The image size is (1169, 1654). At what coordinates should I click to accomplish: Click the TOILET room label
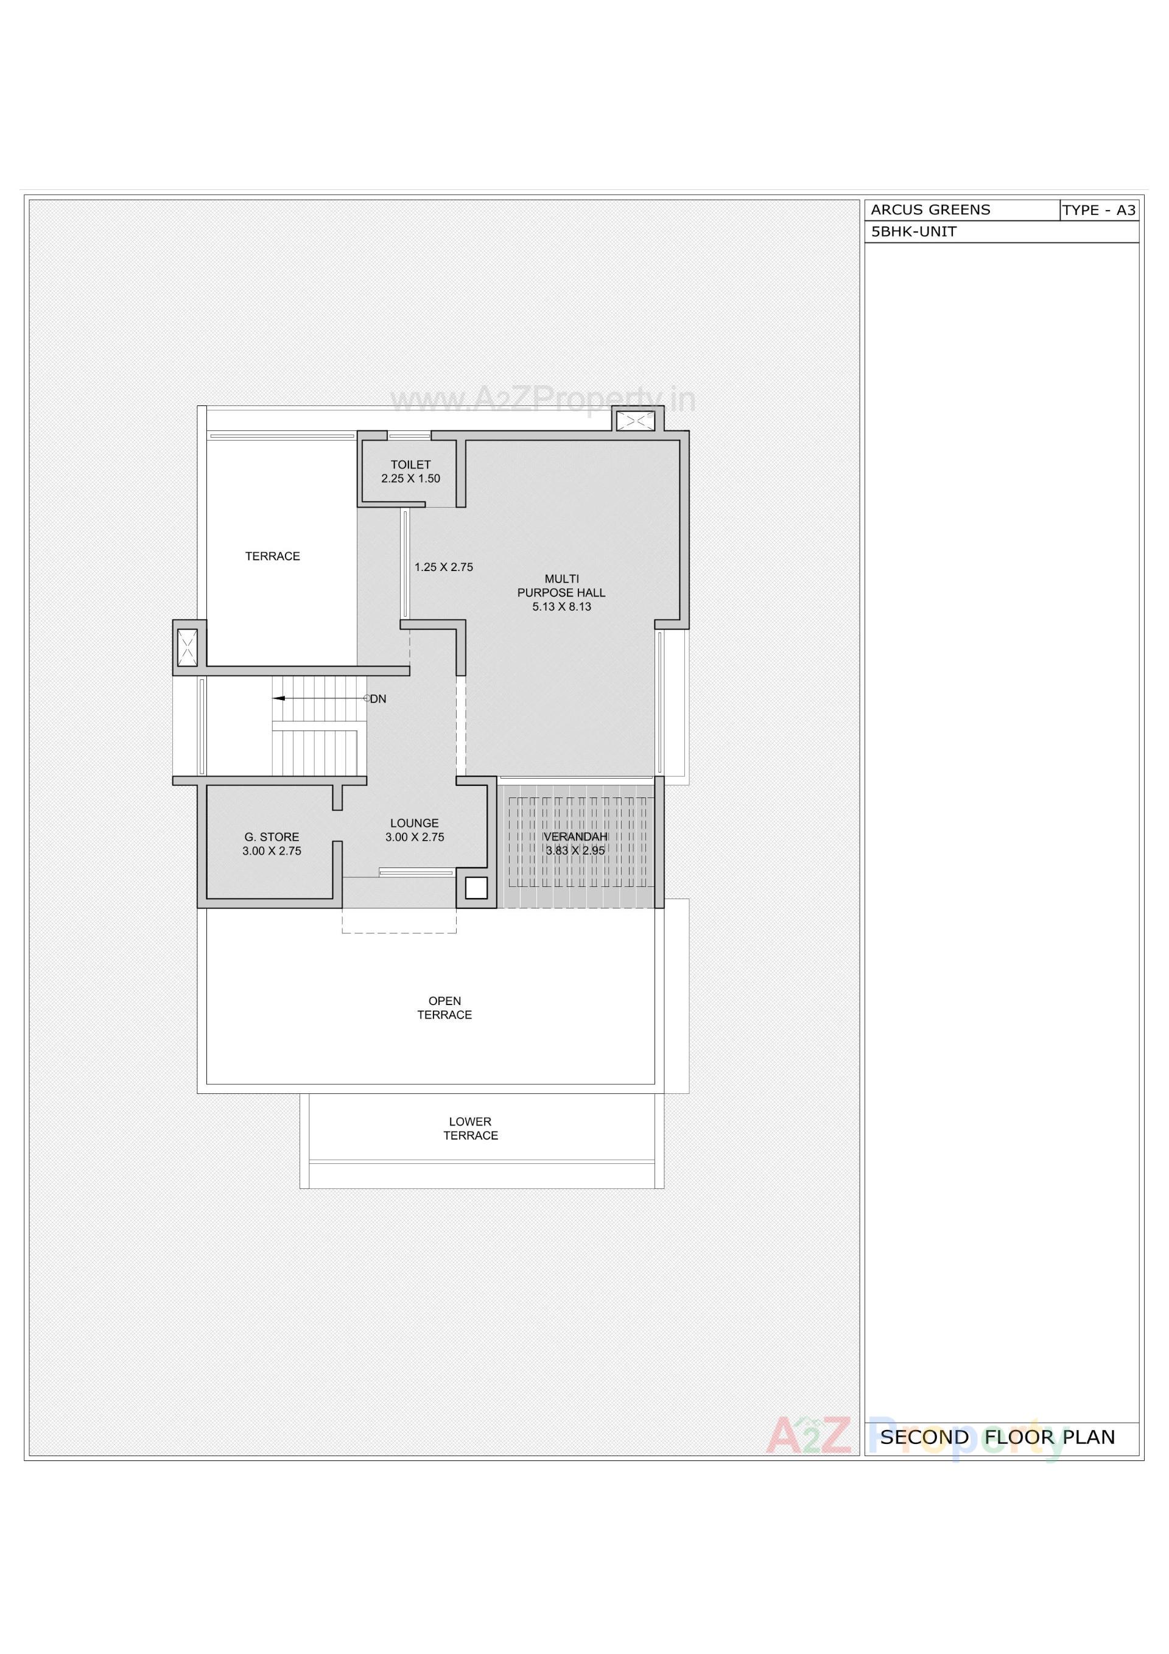point(411,464)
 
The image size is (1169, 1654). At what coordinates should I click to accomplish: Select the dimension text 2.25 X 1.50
point(411,478)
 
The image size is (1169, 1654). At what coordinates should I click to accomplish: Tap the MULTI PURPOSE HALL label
point(561,586)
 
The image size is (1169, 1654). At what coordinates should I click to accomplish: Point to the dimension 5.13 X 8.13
point(561,606)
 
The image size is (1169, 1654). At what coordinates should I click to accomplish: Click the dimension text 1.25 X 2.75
point(444,567)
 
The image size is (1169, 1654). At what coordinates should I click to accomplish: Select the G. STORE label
point(272,837)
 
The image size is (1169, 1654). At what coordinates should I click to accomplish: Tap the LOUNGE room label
point(415,824)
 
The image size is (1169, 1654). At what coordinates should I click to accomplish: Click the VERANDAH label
point(575,836)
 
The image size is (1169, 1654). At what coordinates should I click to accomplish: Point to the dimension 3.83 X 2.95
point(575,851)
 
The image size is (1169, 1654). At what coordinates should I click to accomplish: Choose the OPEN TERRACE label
point(444,1008)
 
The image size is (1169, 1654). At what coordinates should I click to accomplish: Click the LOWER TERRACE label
point(471,1128)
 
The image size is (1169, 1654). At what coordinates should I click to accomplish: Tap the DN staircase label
point(378,699)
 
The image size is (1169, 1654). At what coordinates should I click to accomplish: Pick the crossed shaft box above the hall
point(635,420)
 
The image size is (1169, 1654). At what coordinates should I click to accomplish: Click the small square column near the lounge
point(476,888)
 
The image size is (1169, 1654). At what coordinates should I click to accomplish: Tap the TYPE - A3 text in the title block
point(1099,211)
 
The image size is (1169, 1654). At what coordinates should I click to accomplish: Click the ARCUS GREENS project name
point(930,209)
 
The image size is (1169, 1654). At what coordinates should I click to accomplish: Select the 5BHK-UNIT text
point(914,232)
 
